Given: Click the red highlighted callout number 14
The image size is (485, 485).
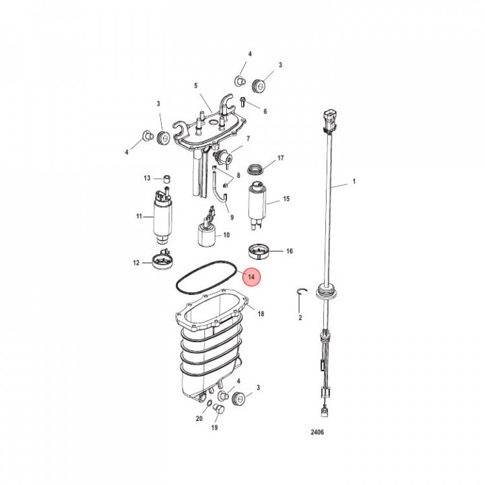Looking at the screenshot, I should [252, 277].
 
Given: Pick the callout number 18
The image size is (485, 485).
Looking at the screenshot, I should [261, 314].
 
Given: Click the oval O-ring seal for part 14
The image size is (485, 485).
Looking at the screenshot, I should [203, 279].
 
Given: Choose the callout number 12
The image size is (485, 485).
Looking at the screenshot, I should [136, 263].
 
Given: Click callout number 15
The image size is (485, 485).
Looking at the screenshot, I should [286, 199].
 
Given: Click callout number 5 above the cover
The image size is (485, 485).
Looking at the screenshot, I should [195, 86].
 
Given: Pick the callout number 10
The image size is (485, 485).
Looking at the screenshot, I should [226, 235].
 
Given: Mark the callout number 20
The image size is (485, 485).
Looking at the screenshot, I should [199, 418].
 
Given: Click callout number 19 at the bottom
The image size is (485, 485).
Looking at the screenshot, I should [215, 428].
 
